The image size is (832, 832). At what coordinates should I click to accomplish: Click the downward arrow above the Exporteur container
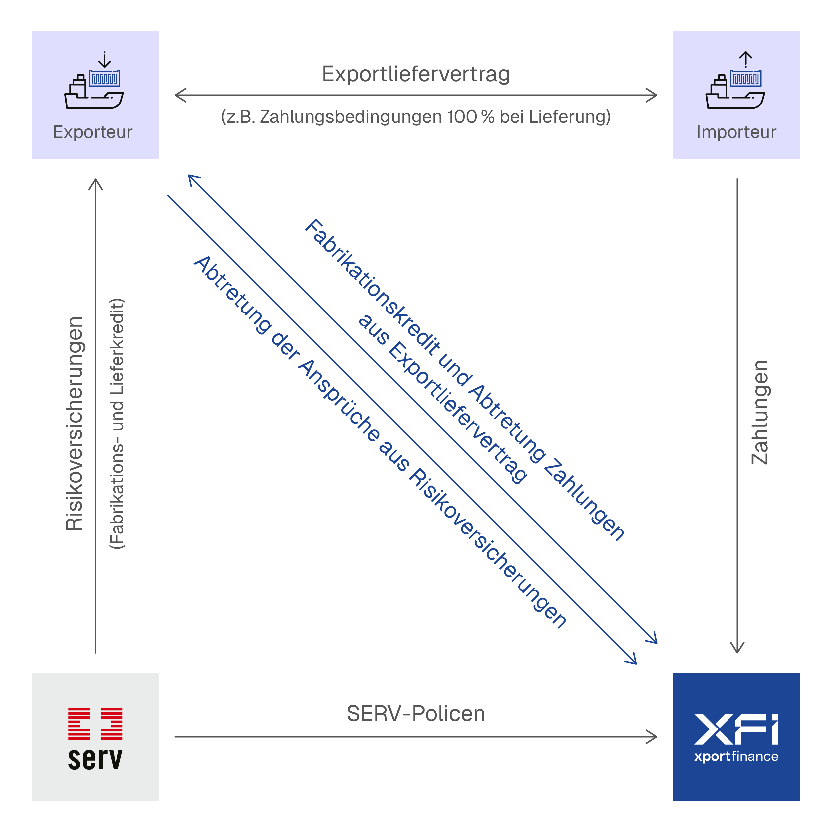click(x=104, y=60)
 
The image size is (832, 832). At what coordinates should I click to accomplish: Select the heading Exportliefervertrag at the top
click(x=416, y=74)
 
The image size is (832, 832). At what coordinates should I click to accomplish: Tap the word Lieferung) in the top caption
click(x=570, y=117)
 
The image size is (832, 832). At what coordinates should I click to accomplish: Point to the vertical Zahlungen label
click(x=760, y=413)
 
